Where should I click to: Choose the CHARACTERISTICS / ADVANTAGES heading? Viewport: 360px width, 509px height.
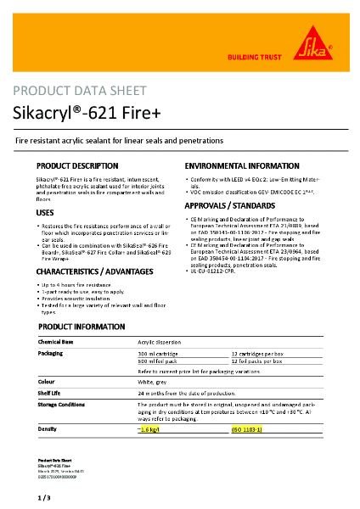coord(95,271)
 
